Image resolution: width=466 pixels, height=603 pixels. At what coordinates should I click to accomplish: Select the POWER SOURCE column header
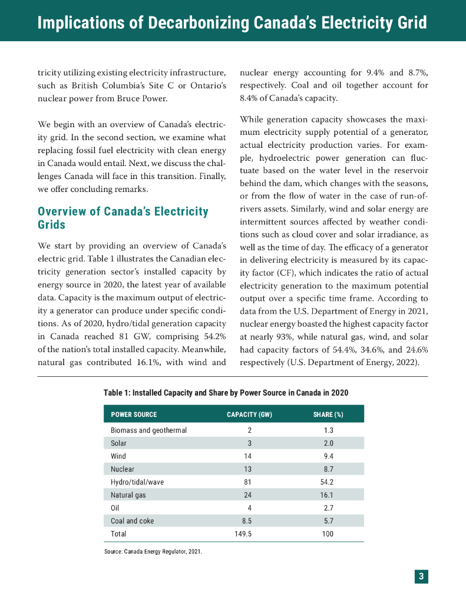pyautogui.click(x=134, y=415)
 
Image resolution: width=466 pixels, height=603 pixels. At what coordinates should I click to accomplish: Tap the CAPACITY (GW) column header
pyautogui.click(x=249, y=415)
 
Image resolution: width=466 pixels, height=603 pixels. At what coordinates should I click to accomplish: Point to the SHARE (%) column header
pyautogui.click(x=328, y=415)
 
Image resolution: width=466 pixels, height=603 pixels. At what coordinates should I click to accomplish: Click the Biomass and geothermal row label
pyautogui.click(x=148, y=430)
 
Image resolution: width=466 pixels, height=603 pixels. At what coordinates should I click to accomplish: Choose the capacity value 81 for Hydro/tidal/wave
pyautogui.click(x=248, y=482)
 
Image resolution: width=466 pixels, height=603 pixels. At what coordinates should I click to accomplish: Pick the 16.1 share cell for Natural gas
pyautogui.click(x=328, y=495)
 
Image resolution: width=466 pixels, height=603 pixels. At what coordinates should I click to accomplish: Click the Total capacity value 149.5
pyautogui.click(x=248, y=534)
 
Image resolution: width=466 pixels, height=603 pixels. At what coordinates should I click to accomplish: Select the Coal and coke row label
pyautogui.click(x=132, y=521)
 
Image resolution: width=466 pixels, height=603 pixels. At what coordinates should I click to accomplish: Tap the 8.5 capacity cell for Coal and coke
pyautogui.click(x=248, y=521)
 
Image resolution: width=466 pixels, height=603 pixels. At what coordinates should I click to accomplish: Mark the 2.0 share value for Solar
pyautogui.click(x=328, y=443)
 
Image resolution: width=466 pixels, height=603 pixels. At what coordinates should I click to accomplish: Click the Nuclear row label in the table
pyautogui.click(x=123, y=469)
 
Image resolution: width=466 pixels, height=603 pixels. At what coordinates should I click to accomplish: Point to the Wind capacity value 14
pyautogui.click(x=248, y=456)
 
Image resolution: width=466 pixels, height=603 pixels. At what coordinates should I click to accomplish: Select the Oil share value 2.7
pyautogui.click(x=328, y=508)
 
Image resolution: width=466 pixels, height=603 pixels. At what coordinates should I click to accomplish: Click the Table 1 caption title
pyautogui.click(x=225, y=392)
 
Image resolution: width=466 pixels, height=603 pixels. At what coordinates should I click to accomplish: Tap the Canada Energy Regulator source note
pyautogui.click(x=153, y=552)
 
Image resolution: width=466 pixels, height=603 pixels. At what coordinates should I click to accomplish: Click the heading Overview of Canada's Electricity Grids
pyautogui.click(x=123, y=218)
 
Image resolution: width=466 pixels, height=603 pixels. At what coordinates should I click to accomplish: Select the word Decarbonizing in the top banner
pyautogui.click(x=191, y=23)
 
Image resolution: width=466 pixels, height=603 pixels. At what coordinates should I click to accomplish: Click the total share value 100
pyautogui.click(x=328, y=534)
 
